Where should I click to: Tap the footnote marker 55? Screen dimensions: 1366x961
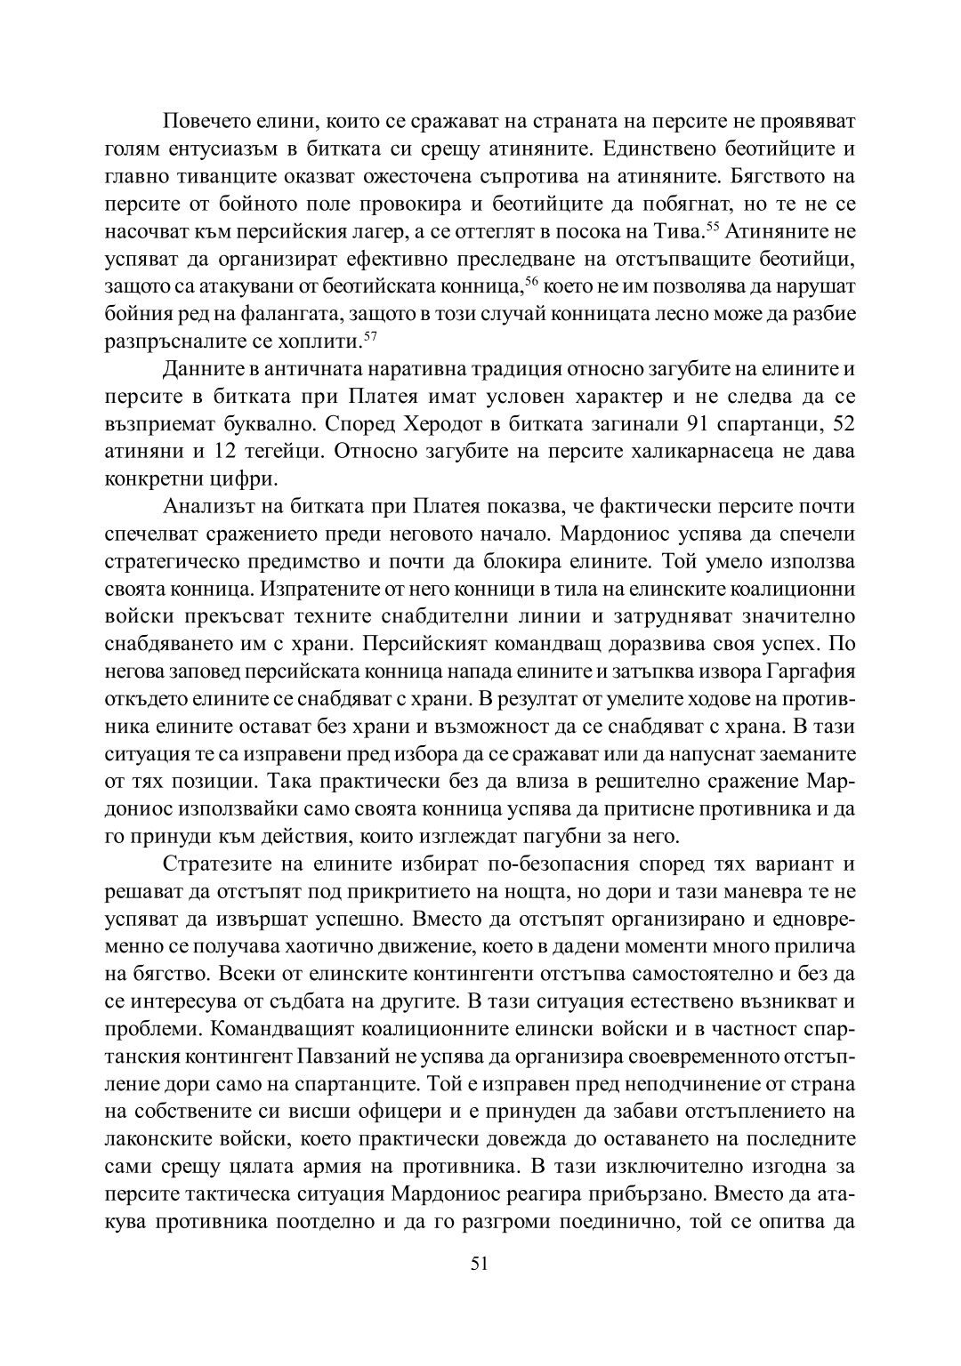click(712, 226)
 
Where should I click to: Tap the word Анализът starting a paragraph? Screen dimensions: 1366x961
click(210, 507)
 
